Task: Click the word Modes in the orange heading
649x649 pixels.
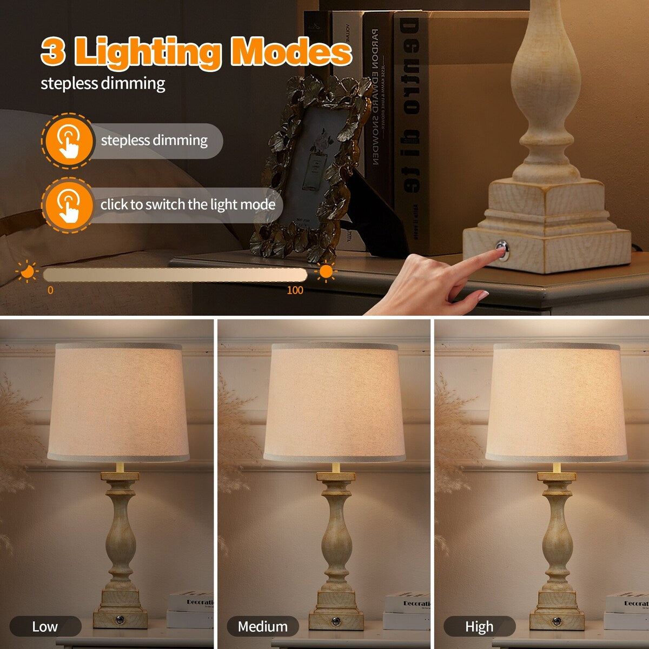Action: pyautogui.click(x=292, y=52)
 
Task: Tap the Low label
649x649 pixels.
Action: pyautogui.click(x=45, y=627)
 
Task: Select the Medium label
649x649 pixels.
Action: pyautogui.click(x=263, y=627)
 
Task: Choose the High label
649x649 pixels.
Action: pyautogui.click(x=479, y=627)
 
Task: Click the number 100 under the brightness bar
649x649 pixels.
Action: pyautogui.click(x=295, y=290)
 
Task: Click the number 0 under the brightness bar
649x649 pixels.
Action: pyautogui.click(x=50, y=290)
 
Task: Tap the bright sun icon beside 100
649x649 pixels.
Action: pyautogui.click(x=326, y=271)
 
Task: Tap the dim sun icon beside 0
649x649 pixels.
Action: pyautogui.click(x=27, y=271)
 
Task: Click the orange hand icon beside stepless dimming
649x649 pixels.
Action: pyautogui.click(x=68, y=141)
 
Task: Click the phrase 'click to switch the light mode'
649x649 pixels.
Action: pyautogui.click(x=188, y=205)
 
